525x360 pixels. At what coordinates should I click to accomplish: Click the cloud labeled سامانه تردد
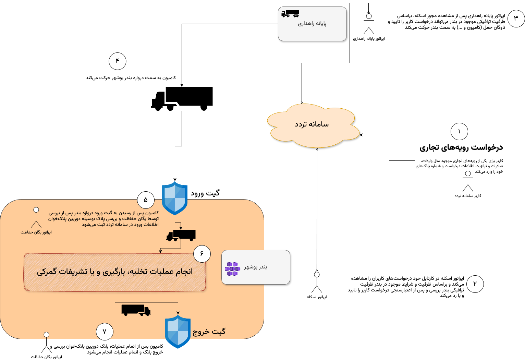[312, 125]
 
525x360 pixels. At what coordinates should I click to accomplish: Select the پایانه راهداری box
[312, 24]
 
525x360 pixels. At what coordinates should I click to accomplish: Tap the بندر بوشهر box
[256, 267]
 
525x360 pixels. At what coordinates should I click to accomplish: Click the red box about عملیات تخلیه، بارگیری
[115, 272]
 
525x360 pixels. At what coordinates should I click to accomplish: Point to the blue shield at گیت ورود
[175, 198]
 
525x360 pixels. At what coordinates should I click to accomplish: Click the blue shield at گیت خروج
[178, 332]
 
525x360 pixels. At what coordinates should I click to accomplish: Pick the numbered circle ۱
[459, 131]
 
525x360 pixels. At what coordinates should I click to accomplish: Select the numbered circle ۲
[475, 284]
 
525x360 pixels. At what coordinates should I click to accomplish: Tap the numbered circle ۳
[516, 19]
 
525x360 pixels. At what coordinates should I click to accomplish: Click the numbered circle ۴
[118, 61]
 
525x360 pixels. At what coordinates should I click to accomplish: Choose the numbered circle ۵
[146, 200]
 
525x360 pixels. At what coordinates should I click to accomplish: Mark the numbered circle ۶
[202, 254]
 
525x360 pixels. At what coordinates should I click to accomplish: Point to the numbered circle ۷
[105, 332]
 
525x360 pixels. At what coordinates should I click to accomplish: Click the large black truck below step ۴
[182, 98]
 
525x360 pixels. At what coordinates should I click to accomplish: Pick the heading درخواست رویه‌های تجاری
[461, 147]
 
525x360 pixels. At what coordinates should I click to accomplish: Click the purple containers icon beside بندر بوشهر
[232, 269]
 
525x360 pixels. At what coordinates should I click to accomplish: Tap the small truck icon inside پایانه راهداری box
[290, 14]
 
